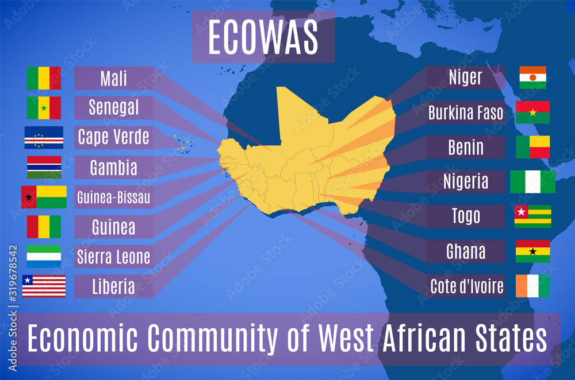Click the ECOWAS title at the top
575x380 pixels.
[x=263, y=37]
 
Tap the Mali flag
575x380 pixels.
[x=44, y=78]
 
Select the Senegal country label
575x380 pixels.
[x=114, y=107]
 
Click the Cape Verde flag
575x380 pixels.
[x=44, y=137]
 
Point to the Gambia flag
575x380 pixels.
[x=44, y=167]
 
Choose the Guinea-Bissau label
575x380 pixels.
[x=114, y=197]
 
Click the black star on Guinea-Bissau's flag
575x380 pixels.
[x=28, y=197]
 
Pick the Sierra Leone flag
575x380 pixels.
[x=44, y=257]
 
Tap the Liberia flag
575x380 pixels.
[x=44, y=286]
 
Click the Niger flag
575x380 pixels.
[x=532, y=77]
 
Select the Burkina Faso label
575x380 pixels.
[x=466, y=113]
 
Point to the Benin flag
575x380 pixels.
[x=532, y=147]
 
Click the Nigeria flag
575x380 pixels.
[x=532, y=181]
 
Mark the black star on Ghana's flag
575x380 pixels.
[x=533, y=251]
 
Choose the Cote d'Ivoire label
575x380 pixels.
[x=467, y=286]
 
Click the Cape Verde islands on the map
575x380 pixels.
[x=183, y=144]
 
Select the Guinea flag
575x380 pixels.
[x=44, y=227]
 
